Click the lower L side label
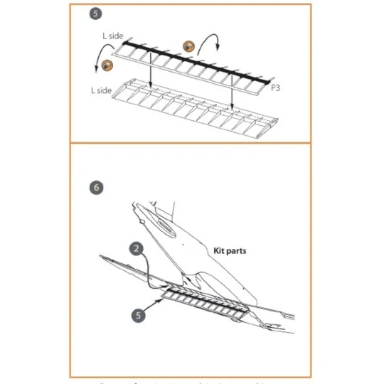(x=102, y=90)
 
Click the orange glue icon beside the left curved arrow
(x=107, y=65)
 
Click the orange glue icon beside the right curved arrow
(x=189, y=46)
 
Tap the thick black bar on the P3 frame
(x=192, y=61)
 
